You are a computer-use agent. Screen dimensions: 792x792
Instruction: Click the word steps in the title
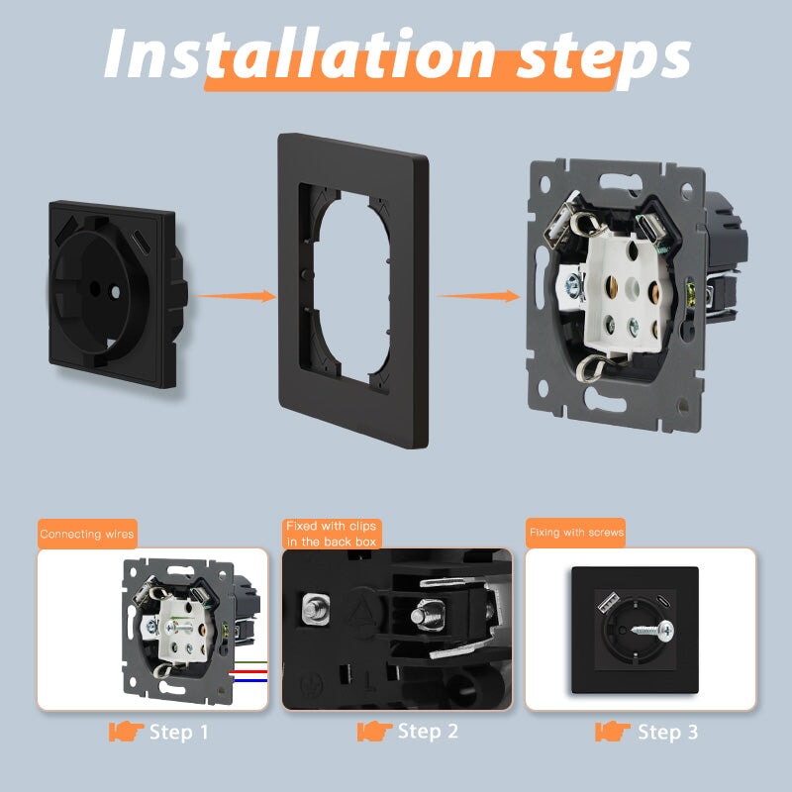(603, 59)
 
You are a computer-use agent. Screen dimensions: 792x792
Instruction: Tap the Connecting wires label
(87, 534)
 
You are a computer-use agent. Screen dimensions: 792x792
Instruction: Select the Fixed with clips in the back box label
(332, 534)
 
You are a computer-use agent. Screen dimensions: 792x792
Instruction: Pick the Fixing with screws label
(576, 533)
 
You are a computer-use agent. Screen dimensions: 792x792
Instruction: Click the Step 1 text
(179, 732)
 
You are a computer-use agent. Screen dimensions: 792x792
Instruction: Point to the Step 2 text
(428, 732)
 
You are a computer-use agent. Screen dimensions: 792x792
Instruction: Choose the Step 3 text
(667, 732)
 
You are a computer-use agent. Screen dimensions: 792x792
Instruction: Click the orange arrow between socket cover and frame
(236, 296)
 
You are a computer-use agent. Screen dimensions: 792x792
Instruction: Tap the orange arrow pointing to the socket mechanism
(478, 296)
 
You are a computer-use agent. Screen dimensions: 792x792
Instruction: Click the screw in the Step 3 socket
(652, 630)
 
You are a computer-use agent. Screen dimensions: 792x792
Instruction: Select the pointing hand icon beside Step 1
(126, 732)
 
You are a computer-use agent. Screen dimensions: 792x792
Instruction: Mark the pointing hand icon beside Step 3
(613, 732)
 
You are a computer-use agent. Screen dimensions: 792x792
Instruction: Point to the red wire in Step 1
(247, 672)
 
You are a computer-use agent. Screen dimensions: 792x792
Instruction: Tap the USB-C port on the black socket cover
(140, 237)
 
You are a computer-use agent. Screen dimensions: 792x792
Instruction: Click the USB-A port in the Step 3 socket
(609, 602)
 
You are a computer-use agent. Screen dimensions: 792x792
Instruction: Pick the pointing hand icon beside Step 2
(374, 732)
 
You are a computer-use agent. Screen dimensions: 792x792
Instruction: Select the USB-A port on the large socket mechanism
(558, 222)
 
